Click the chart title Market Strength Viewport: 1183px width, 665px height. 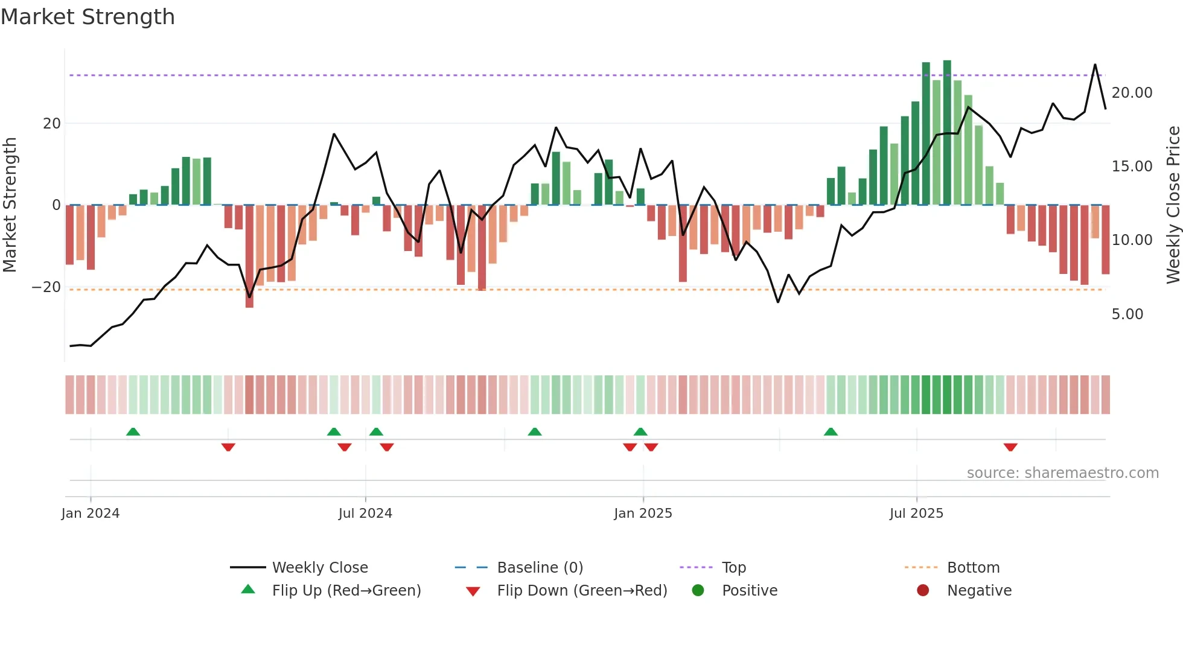click(x=88, y=17)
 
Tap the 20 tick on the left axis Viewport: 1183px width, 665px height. click(x=52, y=124)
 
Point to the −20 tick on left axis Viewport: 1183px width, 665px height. click(x=46, y=287)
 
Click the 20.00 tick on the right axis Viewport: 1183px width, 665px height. click(x=1132, y=93)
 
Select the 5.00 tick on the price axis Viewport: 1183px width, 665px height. click(x=1127, y=314)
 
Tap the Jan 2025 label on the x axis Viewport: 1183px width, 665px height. click(x=643, y=514)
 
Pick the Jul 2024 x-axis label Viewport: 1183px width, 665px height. click(x=365, y=514)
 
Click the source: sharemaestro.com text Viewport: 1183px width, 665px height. click(x=1062, y=473)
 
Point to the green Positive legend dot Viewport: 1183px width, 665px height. click(x=698, y=591)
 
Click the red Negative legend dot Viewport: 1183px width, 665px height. click(x=923, y=591)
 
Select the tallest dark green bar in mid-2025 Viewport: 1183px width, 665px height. click(x=947, y=133)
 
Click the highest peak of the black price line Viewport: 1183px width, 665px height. click(x=1095, y=65)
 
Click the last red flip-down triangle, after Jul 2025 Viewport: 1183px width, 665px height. click(x=1010, y=447)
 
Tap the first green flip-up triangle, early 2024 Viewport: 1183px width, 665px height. click(x=133, y=431)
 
